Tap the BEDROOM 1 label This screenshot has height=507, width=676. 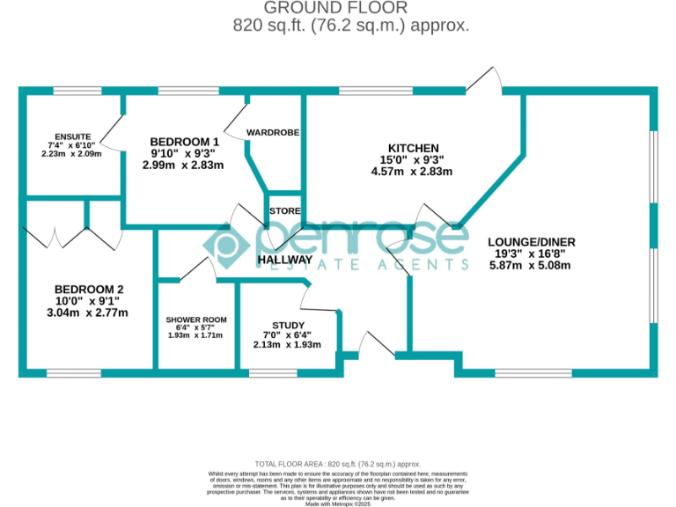[x=184, y=142]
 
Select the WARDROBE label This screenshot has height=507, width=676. [x=273, y=132]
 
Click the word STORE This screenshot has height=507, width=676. [x=285, y=211]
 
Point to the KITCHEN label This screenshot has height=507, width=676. [x=413, y=148]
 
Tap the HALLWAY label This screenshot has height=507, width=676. [x=284, y=260]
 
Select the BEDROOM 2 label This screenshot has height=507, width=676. [x=89, y=290]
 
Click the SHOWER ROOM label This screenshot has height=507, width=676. [x=196, y=320]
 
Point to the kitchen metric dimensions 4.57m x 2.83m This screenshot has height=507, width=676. [x=412, y=171]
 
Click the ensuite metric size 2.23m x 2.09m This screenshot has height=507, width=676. [x=72, y=154]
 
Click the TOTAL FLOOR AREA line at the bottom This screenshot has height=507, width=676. [x=338, y=464]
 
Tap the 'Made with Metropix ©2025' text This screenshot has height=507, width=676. [x=338, y=503]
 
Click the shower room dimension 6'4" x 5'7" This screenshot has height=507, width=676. [x=195, y=327]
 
